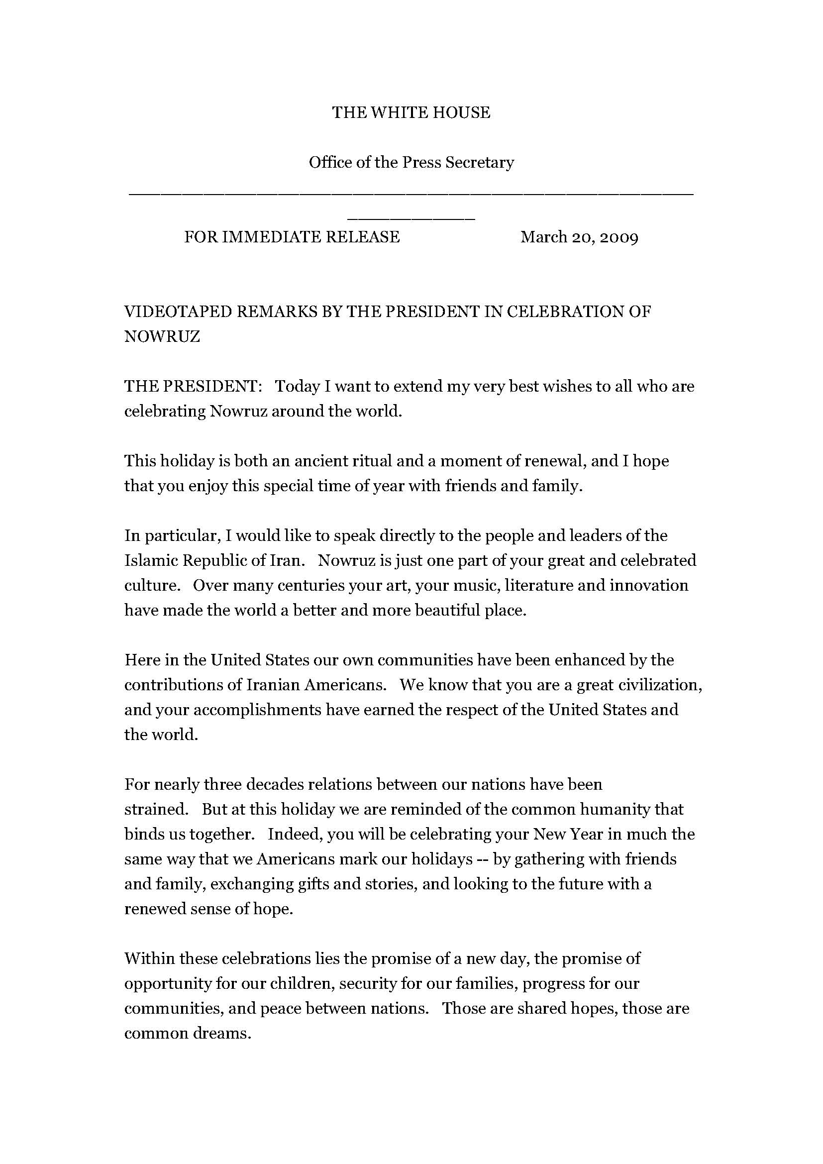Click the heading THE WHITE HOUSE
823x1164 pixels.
[411, 112]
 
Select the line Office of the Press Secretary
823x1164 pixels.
[411, 162]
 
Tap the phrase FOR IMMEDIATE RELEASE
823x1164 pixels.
[292, 237]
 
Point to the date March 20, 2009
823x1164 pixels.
[579, 237]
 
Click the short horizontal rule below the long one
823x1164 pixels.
[411, 219]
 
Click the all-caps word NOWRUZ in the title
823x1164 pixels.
[162, 336]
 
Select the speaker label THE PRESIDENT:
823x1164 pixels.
[193, 386]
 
